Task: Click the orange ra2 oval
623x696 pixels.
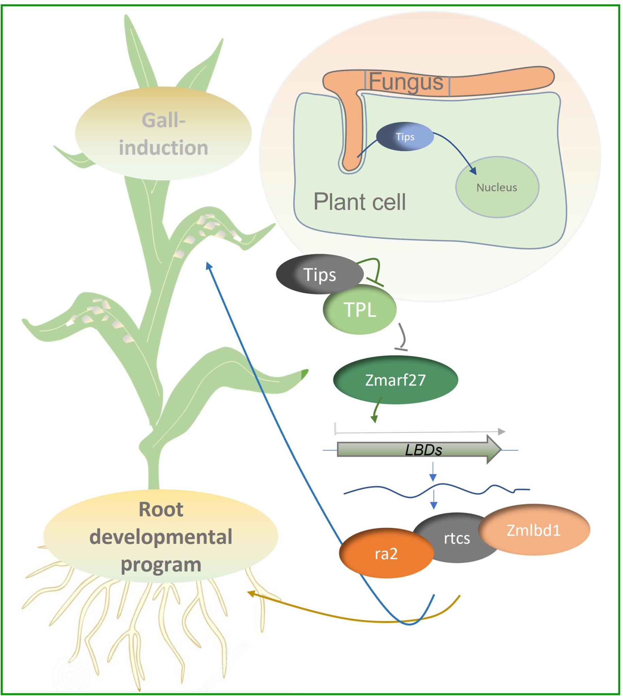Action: [386, 553]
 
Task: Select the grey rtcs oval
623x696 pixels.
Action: [457, 538]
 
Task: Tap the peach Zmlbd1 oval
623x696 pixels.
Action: [533, 530]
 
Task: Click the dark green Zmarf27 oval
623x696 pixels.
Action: [395, 380]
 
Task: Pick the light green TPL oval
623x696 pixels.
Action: [360, 310]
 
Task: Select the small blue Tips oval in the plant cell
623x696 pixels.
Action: [405, 137]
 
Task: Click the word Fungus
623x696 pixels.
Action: [406, 82]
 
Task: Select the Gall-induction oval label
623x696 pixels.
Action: [163, 134]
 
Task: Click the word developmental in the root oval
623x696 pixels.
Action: [161, 537]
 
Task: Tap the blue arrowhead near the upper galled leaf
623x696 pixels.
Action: [208, 265]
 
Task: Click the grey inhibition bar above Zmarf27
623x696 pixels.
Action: [401, 349]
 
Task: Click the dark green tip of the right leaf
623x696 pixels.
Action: [304, 374]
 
